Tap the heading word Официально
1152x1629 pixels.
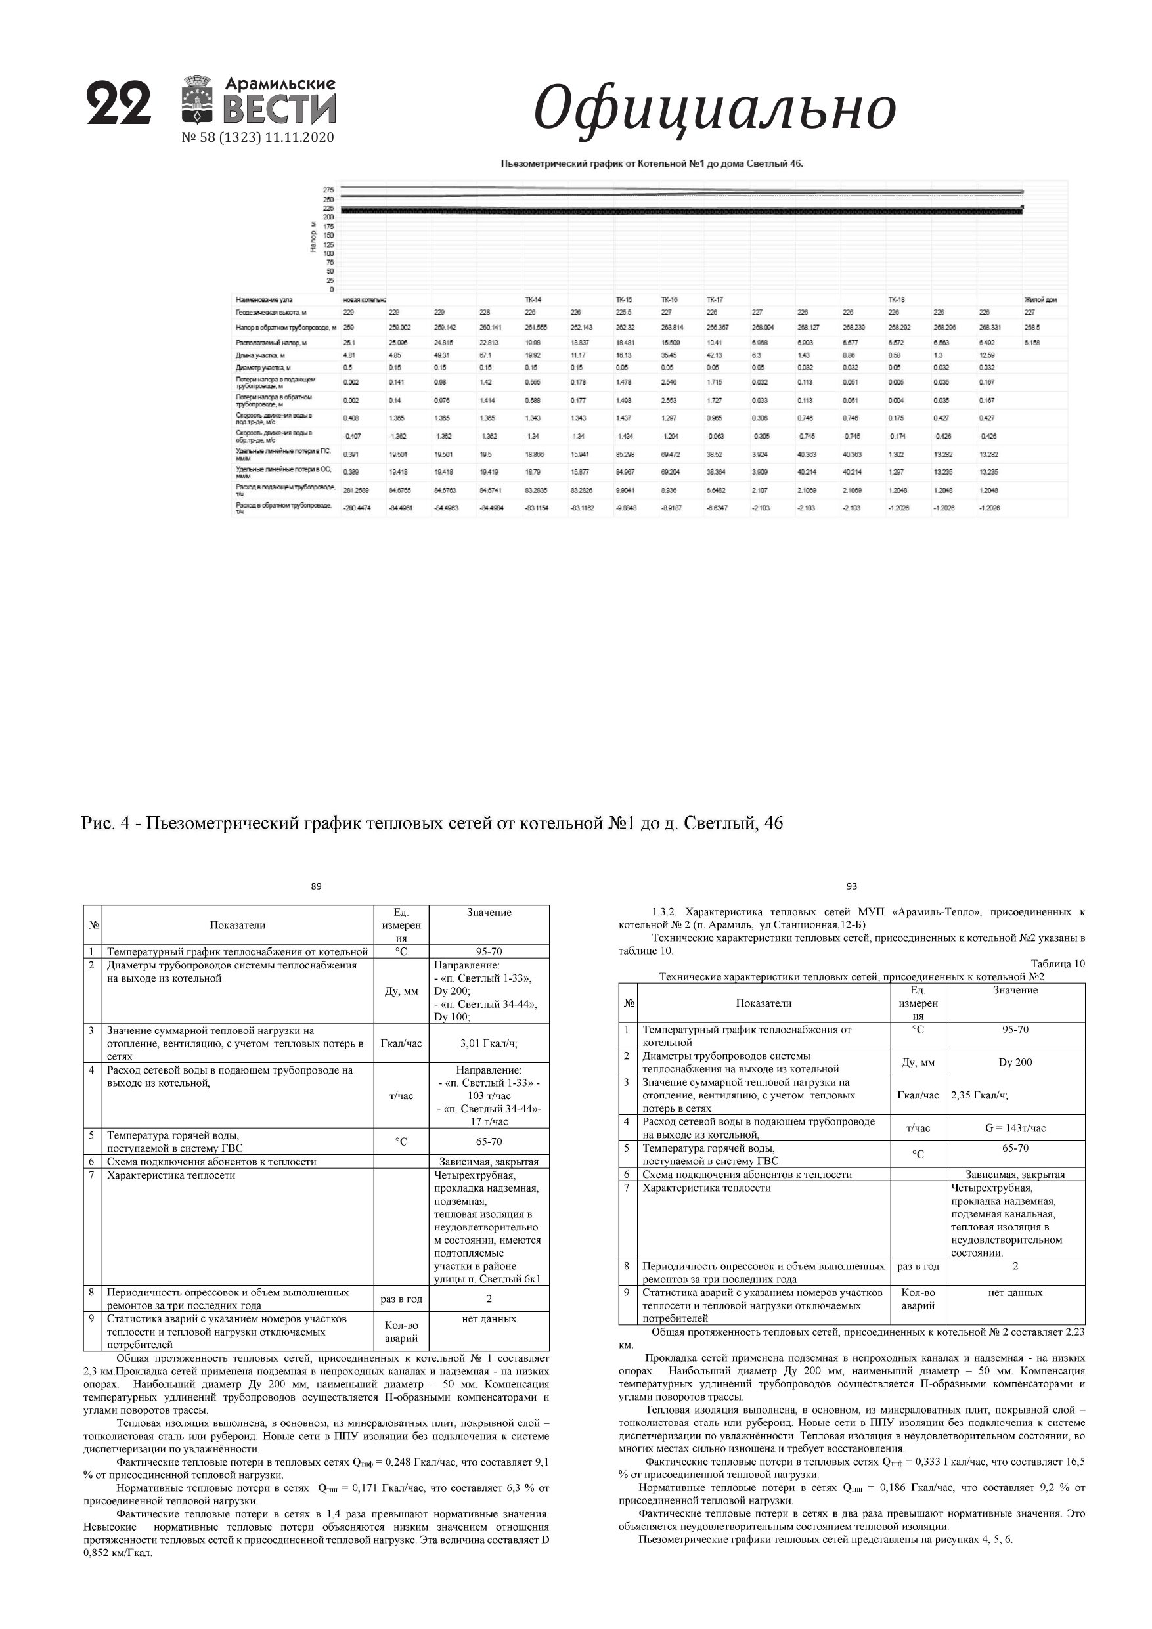click(714, 108)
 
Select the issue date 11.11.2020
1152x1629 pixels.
click(299, 138)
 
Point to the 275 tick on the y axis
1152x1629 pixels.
click(328, 190)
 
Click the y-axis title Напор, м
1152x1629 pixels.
click(313, 237)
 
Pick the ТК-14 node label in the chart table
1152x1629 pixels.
click(533, 300)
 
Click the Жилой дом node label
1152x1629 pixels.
click(1040, 300)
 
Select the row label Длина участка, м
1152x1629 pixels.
click(261, 355)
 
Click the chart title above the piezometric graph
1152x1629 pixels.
click(652, 164)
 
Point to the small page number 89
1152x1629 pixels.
click(316, 886)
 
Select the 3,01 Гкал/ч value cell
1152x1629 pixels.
click(489, 1043)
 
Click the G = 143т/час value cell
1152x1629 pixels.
click(1015, 1128)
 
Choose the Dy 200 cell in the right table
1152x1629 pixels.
click(1015, 1062)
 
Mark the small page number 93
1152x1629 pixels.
click(852, 886)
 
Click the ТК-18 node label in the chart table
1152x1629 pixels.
click(896, 300)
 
